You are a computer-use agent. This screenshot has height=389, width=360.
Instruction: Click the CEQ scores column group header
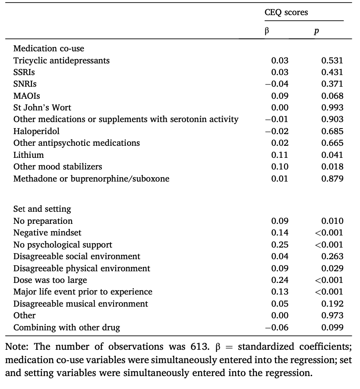[x=286, y=13]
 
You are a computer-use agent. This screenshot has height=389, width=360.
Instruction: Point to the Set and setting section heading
[x=42, y=209]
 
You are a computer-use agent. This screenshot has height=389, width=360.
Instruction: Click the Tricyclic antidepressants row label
[x=61, y=60]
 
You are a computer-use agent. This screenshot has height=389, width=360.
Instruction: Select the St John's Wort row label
[x=42, y=107]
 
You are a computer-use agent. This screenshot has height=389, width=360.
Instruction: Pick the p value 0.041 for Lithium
[x=332, y=155]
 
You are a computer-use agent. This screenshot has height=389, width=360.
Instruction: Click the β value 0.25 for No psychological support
[x=280, y=245]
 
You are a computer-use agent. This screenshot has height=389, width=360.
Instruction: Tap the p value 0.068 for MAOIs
[x=332, y=96]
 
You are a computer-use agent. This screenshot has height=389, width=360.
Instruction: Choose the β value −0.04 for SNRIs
[x=277, y=84]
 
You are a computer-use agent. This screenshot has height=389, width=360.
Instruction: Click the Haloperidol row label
[x=36, y=131]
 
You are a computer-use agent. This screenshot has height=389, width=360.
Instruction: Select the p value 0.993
[x=332, y=107]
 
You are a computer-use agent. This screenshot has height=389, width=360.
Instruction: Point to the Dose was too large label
[x=50, y=280]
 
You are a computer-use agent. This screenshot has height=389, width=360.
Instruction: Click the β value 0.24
[x=280, y=280]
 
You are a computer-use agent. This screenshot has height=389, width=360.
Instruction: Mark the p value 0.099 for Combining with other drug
[x=332, y=327]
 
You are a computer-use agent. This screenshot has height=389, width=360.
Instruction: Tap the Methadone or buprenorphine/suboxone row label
[x=91, y=179]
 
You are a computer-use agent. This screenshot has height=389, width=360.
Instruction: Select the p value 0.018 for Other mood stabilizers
[x=332, y=166]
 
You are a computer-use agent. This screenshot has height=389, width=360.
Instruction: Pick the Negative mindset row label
[x=44, y=233]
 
